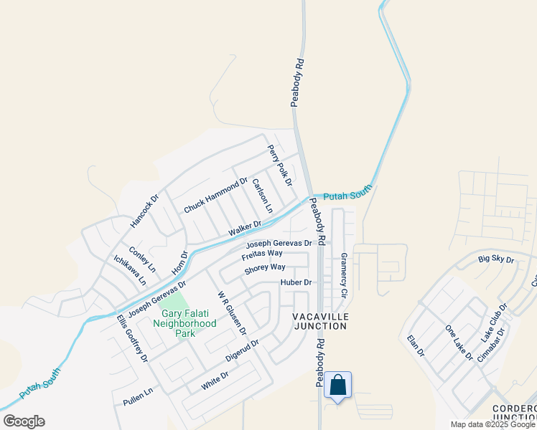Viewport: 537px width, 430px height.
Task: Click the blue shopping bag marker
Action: click(337, 386)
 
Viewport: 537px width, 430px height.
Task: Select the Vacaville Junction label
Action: click(320, 320)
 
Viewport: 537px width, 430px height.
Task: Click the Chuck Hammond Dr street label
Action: click(215, 195)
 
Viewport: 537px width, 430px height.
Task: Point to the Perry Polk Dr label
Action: click(280, 166)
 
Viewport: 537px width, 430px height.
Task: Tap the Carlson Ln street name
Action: click(263, 196)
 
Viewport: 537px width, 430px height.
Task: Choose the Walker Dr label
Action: click(244, 229)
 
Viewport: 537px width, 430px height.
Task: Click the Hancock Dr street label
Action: click(144, 213)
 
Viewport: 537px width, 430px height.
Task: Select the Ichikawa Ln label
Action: click(125, 269)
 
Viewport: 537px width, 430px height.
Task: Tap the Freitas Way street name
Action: click(261, 254)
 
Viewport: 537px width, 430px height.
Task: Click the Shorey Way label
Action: click(265, 268)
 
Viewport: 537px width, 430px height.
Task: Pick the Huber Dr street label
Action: click(296, 282)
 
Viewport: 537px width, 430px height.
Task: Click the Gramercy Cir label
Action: click(343, 275)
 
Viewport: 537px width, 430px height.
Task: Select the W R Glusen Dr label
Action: click(232, 313)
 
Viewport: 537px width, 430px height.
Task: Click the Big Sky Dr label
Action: click(496, 259)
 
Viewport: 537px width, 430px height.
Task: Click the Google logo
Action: click(24, 421)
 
